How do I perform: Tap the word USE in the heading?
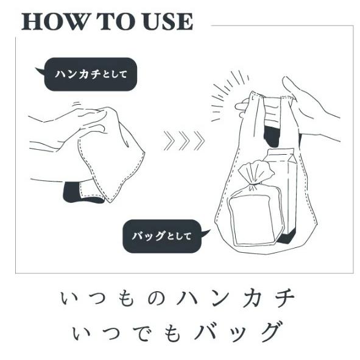(168, 21)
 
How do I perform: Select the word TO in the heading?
(116, 21)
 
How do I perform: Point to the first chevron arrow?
(169, 141)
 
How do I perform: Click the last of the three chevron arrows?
(199, 141)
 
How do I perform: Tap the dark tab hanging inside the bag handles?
(272, 137)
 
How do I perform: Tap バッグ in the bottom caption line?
(239, 333)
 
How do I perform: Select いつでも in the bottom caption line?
(126, 333)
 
